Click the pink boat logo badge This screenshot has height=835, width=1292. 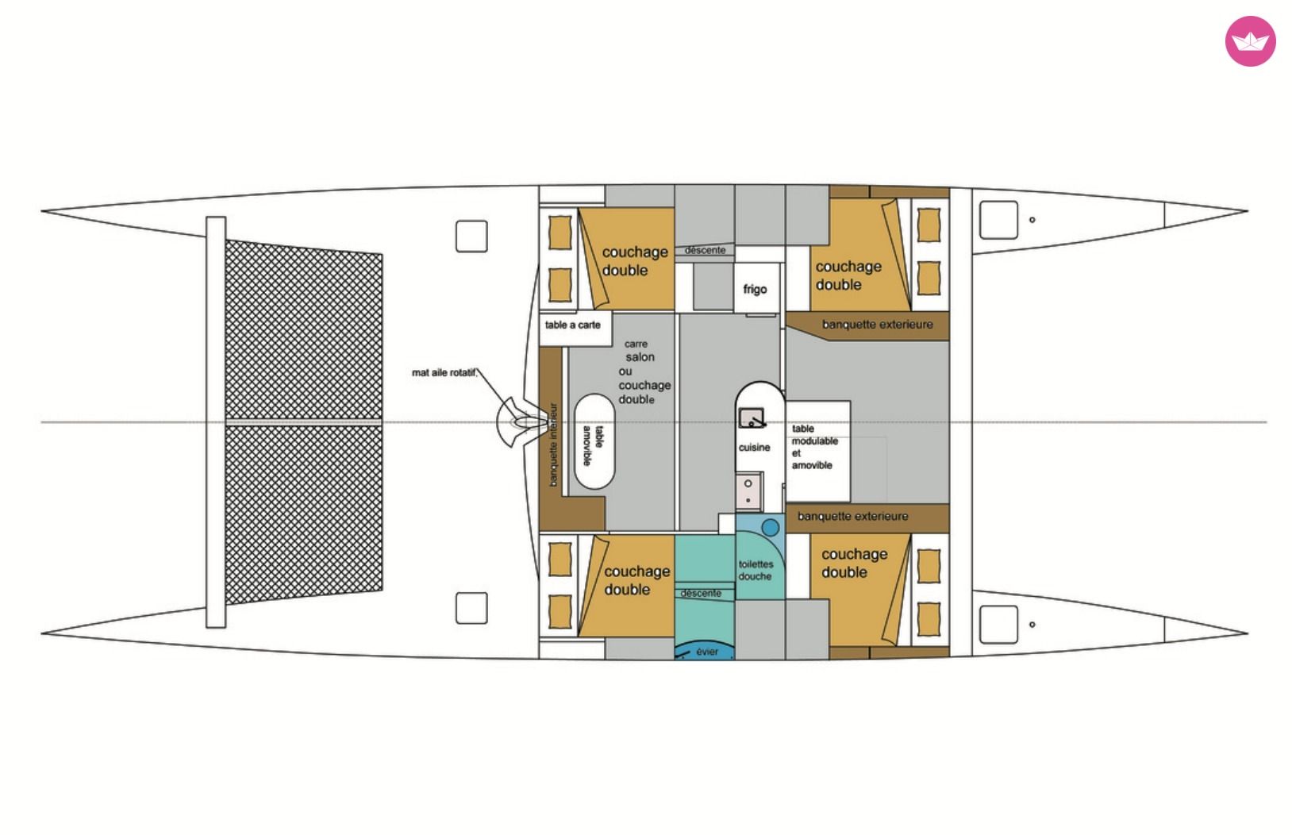coord(1250,41)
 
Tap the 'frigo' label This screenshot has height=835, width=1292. coord(755,289)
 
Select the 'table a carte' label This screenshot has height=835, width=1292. coord(573,325)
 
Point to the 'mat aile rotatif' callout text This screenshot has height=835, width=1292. coord(444,373)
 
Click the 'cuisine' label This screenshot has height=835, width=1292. coord(755,447)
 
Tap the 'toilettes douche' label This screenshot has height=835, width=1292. coord(756,570)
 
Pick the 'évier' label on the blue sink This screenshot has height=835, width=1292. coord(707,652)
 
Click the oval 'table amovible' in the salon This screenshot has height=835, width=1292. coord(594,441)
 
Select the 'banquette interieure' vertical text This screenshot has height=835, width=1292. coord(553,444)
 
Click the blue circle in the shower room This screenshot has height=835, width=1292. coord(771,527)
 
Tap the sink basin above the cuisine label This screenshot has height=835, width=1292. coord(752,417)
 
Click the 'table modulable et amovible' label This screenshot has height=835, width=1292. coord(814,447)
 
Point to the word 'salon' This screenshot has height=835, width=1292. coord(640,357)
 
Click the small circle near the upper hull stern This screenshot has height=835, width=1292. coord(1032,220)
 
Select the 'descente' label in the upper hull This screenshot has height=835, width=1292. coord(705,251)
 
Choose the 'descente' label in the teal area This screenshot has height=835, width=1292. coord(701,593)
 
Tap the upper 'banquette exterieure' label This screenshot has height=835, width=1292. coord(877,325)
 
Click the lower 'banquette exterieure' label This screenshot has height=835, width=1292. coord(852,517)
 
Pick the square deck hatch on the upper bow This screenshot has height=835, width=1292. coord(471,237)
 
